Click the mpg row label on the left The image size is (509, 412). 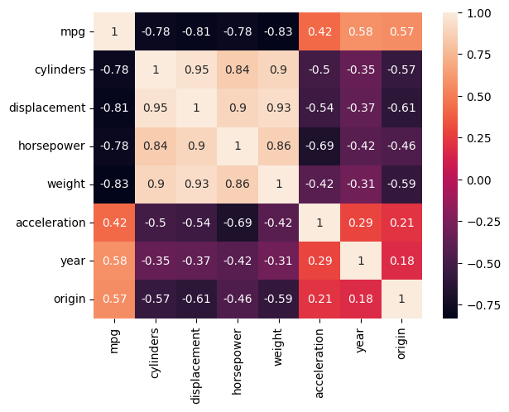[x=73, y=32]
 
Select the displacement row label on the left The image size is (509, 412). [x=47, y=108]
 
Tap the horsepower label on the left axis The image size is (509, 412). [x=51, y=146]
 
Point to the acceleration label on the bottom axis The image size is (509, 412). [x=319, y=363]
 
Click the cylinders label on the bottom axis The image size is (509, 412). [x=155, y=353]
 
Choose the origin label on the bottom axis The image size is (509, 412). [x=401, y=343]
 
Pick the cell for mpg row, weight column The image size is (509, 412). [x=279, y=31]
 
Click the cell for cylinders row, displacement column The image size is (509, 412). [x=196, y=69]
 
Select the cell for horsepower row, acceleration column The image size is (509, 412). [x=319, y=146]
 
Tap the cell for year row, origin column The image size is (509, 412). [x=401, y=261]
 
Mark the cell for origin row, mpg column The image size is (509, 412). [x=114, y=299]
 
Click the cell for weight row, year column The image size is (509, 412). [x=361, y=184]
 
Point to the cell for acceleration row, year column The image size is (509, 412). [x=361, y=223]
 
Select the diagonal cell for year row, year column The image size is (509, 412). [x=361, y=261]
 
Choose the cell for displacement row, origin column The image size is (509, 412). [x=401, y=108]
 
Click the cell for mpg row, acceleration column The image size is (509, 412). [x=319, y=31]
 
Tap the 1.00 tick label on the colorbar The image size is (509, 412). [x=479, y=13]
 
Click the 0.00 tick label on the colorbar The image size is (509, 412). [x=479, y=180]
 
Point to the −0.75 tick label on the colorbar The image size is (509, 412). [x=483, y=305]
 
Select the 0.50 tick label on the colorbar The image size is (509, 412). [x=479, y=97]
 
